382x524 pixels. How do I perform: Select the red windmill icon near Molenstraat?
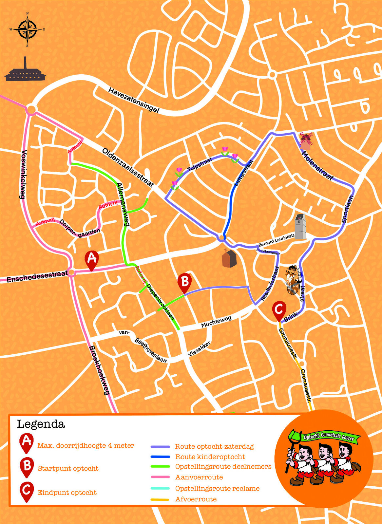click(306, 141)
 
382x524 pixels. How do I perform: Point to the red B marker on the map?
click(184, 282)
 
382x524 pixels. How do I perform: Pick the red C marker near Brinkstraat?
click(279, 310)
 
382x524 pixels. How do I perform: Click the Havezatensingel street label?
click(134, 100)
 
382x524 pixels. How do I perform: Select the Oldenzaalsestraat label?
click(128, 167)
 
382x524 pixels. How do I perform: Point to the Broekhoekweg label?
click(99, 370)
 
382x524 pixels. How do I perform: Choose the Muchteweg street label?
click(216, 322)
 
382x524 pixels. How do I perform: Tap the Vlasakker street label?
click(199, 349)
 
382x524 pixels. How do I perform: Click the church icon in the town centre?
click(229, 259)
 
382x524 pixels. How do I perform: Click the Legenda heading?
click(41, 424)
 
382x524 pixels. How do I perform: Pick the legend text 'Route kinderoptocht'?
click(210, 457)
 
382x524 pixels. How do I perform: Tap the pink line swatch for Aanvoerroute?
click(160, 477)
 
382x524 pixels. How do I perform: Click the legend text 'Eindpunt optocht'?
click(67, 493)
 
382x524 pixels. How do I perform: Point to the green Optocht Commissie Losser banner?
click(328, 436)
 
